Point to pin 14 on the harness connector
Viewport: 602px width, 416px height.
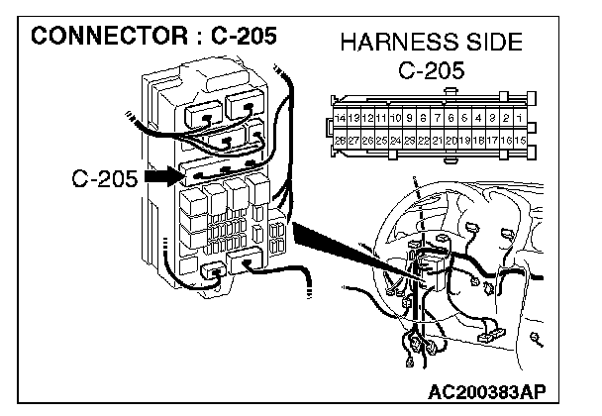point(342,118)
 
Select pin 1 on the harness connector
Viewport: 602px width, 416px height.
point(519,118)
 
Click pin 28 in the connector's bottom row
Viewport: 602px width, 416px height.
point(342,141)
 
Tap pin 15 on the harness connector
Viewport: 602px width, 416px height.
point(519,141)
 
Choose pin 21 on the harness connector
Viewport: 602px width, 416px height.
point(437,141)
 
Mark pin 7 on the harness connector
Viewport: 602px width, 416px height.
point(437,118)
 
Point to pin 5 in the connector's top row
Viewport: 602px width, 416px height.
point(464,118)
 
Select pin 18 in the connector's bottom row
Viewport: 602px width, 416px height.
point(478,141)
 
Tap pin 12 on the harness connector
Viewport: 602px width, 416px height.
point(368,118)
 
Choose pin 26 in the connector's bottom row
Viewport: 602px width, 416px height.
point(368,141)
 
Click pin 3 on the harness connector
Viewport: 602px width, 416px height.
point(492,118)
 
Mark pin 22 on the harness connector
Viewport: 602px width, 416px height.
point(423,141)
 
